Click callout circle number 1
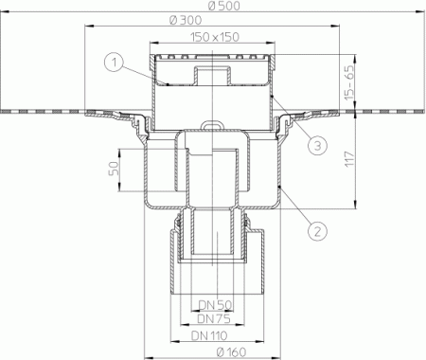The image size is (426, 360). coord(113,63)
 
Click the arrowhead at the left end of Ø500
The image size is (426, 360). coord(4,14)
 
